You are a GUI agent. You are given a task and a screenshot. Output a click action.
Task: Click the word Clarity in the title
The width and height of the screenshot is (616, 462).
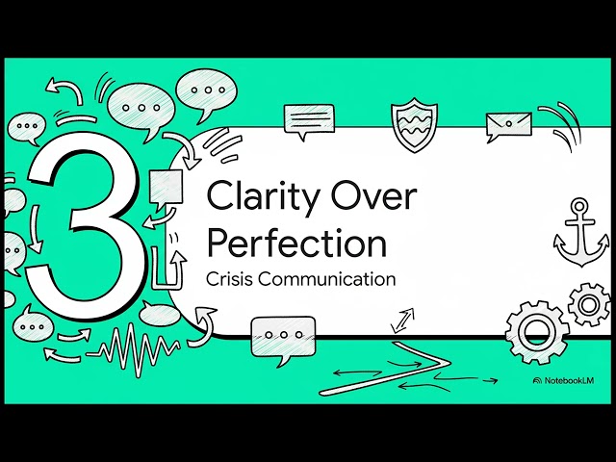coord(262,197)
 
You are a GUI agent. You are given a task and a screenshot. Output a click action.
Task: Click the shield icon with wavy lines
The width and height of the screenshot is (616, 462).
coord(415,122)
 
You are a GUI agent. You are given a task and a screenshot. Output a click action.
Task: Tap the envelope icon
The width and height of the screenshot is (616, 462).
coord(508,125)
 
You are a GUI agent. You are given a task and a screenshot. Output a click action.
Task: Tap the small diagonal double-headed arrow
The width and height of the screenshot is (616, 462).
coord(402,321)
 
